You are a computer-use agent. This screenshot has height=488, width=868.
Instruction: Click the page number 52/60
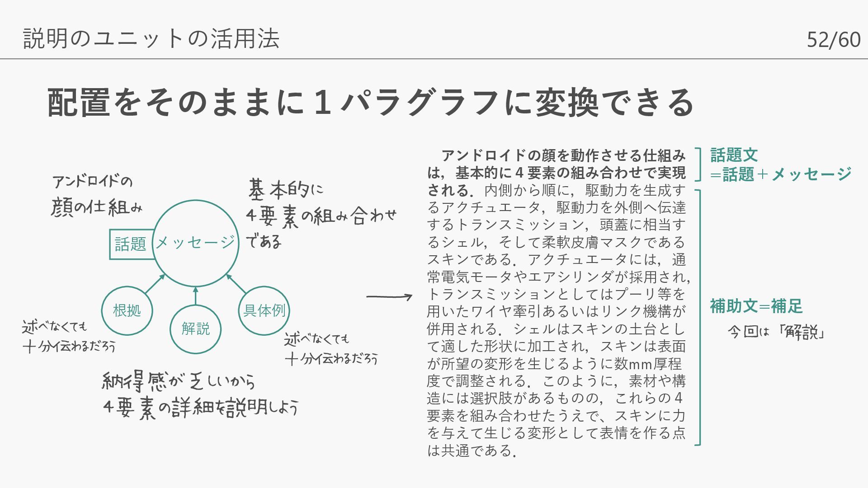click(x=833, y=40)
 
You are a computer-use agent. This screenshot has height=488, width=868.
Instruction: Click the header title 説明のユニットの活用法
click(x=151, y=38)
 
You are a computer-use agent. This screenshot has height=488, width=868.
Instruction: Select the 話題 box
click(x=130, y=244)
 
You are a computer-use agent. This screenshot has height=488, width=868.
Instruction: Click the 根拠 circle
click(x=127, y=311)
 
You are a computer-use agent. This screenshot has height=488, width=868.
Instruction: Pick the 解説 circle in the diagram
click(x=195, y=329)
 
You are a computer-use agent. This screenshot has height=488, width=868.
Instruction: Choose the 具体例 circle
click(x=264, y=311)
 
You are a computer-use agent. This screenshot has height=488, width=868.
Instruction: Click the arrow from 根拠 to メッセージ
click(x=155, y=284)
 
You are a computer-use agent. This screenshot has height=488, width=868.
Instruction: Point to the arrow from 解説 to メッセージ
click(x=195, y=296)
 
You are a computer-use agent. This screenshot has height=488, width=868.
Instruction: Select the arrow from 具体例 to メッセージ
click(x=236, y=284)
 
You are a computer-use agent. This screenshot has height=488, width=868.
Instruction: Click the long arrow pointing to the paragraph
click(x=389, y=297)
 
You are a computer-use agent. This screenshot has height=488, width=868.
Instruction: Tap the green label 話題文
click(x=734, y=155)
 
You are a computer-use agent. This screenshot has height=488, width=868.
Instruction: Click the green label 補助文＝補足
click(x=756, y=306)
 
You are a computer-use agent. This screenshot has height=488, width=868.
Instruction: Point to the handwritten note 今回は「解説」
click(x=776, y=332)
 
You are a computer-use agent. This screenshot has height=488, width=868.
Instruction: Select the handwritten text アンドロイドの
click(x=92, y=182)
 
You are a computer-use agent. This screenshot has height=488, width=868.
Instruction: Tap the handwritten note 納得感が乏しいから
click(x=178, y=382)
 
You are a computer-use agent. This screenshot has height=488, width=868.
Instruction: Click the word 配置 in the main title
click(x=79, y=103)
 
